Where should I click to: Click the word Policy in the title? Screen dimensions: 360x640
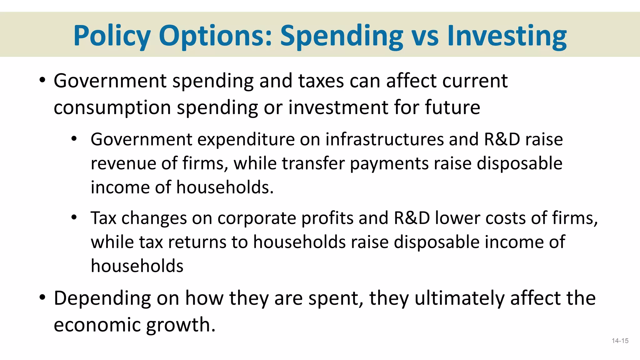(x=112, y=36)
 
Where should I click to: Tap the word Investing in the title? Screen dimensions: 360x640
(x=507, y=36)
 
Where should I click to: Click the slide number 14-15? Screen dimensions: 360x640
(x=620, y=341)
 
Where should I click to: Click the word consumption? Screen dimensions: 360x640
(x=112, y=108)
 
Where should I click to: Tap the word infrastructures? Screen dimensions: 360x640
(x=384, y=139)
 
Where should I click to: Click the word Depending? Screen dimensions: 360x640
(x=102, y=298)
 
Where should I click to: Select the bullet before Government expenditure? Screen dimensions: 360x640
(x=74, y=138)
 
